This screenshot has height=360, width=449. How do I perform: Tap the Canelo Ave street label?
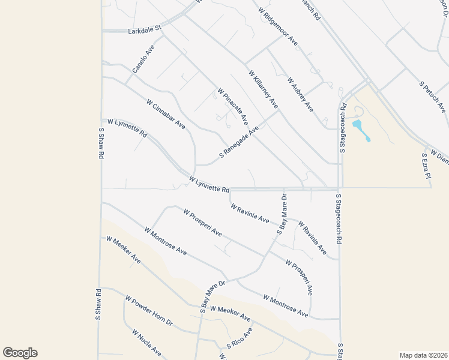pyautogui.click(x=143, y=58)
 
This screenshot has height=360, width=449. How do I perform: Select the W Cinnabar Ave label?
pyautogui.click(x=165, y=114)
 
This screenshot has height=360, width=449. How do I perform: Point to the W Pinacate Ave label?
pyautogui.click(x=233, y=107)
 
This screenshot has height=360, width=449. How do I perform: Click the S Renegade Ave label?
pyautogui.click(x=238, y=142)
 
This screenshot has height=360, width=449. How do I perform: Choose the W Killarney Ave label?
pyautogui.click(x=264, y=89)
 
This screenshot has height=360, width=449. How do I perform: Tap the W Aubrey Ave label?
pyautogui.click(x=300, y=94)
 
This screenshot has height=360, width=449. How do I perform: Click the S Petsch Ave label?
pyautogui.click(x=432, y=93)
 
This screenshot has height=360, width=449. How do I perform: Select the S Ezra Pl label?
pyautogui.click(x=426, y=166)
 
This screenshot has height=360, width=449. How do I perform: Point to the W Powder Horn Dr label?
pyautogui.click(x=149, y=310)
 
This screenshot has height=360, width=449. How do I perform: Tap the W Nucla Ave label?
pyautogui.click(x=146, y=343)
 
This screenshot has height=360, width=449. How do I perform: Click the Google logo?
pyautogui.click(x=20, y=353)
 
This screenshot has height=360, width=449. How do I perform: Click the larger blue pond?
pyautogui.click(x=358, y=125)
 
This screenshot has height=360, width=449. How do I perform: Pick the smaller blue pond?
pyautogui.click(x=368, y=140)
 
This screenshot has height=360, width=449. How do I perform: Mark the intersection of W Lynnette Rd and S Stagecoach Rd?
pyautogui.click(x=339, y=188)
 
